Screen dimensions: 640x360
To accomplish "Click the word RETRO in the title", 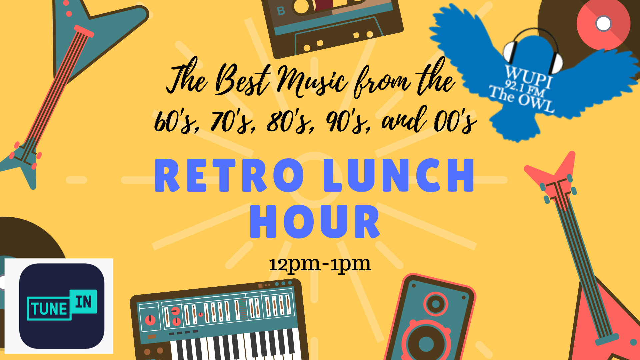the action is (229, 175).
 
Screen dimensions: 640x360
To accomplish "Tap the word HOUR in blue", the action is (315, 222).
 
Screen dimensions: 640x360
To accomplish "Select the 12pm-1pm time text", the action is (320, 264).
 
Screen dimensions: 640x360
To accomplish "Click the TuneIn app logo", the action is (62, 306).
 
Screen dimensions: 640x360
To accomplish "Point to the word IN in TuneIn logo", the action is (83, 302).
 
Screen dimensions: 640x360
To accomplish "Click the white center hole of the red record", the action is (603, 23).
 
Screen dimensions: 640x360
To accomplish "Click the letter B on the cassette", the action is (281, 11).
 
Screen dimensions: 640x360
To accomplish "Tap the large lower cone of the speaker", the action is (426, 342).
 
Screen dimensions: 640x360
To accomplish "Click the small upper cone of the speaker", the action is (436, 304).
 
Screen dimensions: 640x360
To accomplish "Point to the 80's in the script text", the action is (290, 122).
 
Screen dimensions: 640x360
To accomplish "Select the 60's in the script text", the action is (177, 122).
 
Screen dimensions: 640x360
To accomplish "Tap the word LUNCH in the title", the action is (399, 175).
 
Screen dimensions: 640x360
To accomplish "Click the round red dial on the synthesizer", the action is (150, 320).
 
